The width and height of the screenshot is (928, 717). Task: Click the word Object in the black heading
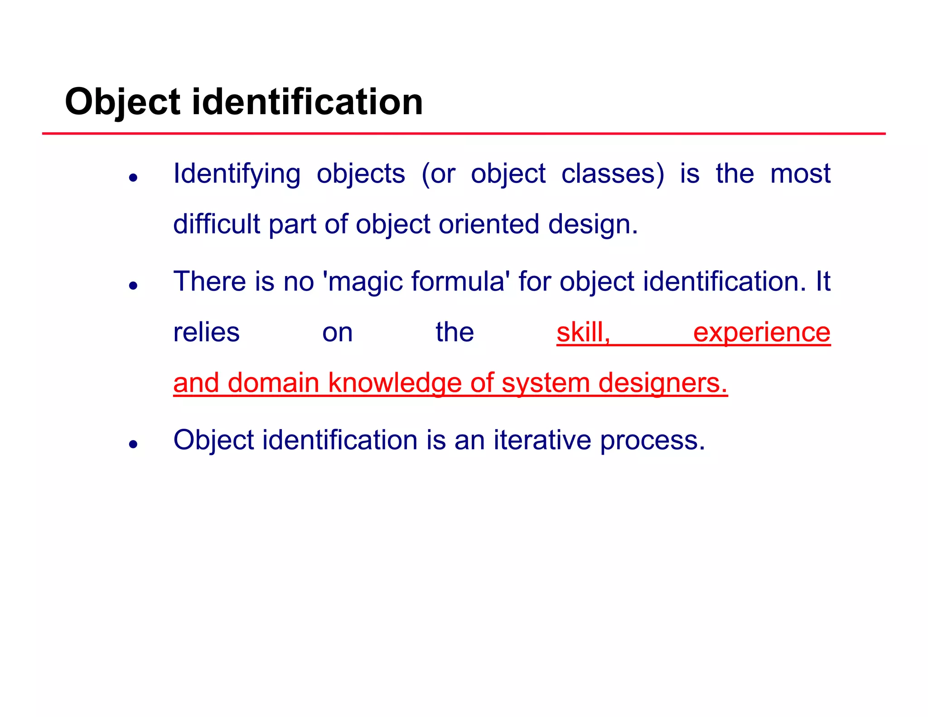coord(122,102)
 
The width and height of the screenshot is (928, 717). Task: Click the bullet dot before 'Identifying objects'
coord(133,178)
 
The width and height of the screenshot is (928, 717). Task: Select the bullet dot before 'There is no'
coord(133,286)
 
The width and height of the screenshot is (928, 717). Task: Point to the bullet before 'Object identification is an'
coord(133,444)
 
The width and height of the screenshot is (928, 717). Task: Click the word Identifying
coord(237,174)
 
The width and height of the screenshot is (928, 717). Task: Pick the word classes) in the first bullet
coord(613,174)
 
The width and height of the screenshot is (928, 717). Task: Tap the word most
coord(800,174)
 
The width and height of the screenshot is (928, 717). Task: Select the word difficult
coord(217,224)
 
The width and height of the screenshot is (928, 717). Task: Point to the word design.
coord(593,224)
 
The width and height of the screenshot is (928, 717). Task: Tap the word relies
coord(206,332)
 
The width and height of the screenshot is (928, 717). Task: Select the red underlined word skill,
coord(583,332)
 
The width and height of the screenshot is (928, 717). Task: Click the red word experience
coord(762,332)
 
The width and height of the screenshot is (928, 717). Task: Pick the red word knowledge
coord(394,383)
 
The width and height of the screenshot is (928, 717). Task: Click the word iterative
coord(542,440)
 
